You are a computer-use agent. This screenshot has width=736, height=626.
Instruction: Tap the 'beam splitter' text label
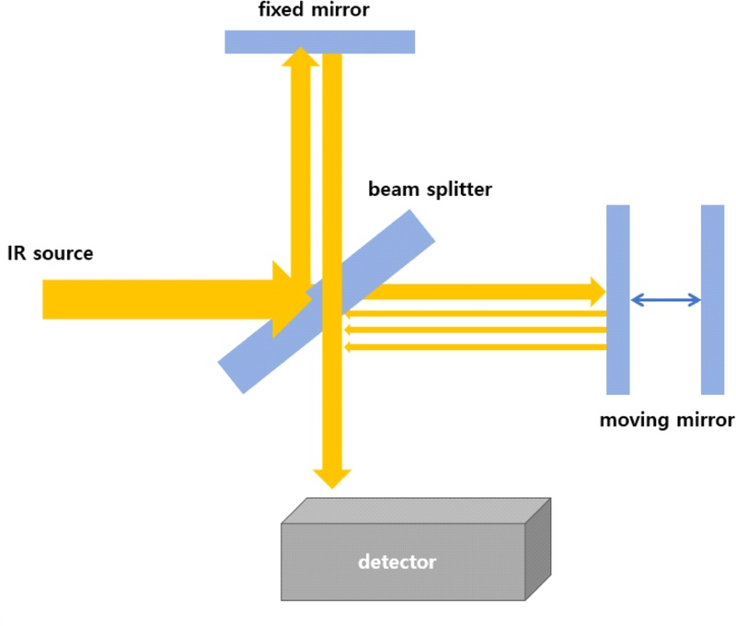[x=430, y=190]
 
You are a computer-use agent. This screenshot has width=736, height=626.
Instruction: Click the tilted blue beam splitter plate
[x=386, y=249]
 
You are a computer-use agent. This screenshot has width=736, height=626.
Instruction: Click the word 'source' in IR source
[x=63, y=252]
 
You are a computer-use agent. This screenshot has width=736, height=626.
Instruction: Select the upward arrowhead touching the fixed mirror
[x=300, y=57]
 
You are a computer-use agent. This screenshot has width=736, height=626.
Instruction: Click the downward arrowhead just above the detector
[x=332, y=478]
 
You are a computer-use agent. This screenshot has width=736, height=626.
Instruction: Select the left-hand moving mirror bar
[x=617, y=299]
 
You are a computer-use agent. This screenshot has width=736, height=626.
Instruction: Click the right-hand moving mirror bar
[x=712, y=299]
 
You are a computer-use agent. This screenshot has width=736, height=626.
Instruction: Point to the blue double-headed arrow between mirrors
[x=665, y=299]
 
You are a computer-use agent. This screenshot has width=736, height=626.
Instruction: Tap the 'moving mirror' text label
[x=667, y=421]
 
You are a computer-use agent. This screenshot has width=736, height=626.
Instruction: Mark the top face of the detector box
[x=414, y=511]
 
